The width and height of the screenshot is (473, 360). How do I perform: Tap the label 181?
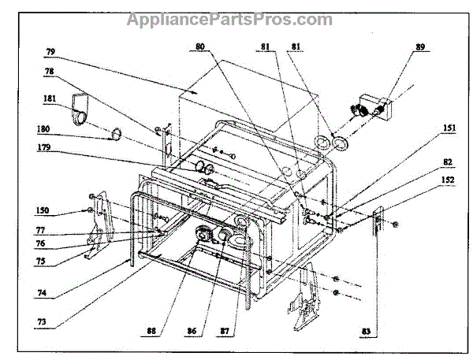49,99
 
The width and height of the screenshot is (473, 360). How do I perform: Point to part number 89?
420,47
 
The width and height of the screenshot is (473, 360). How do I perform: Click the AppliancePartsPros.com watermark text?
229,17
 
